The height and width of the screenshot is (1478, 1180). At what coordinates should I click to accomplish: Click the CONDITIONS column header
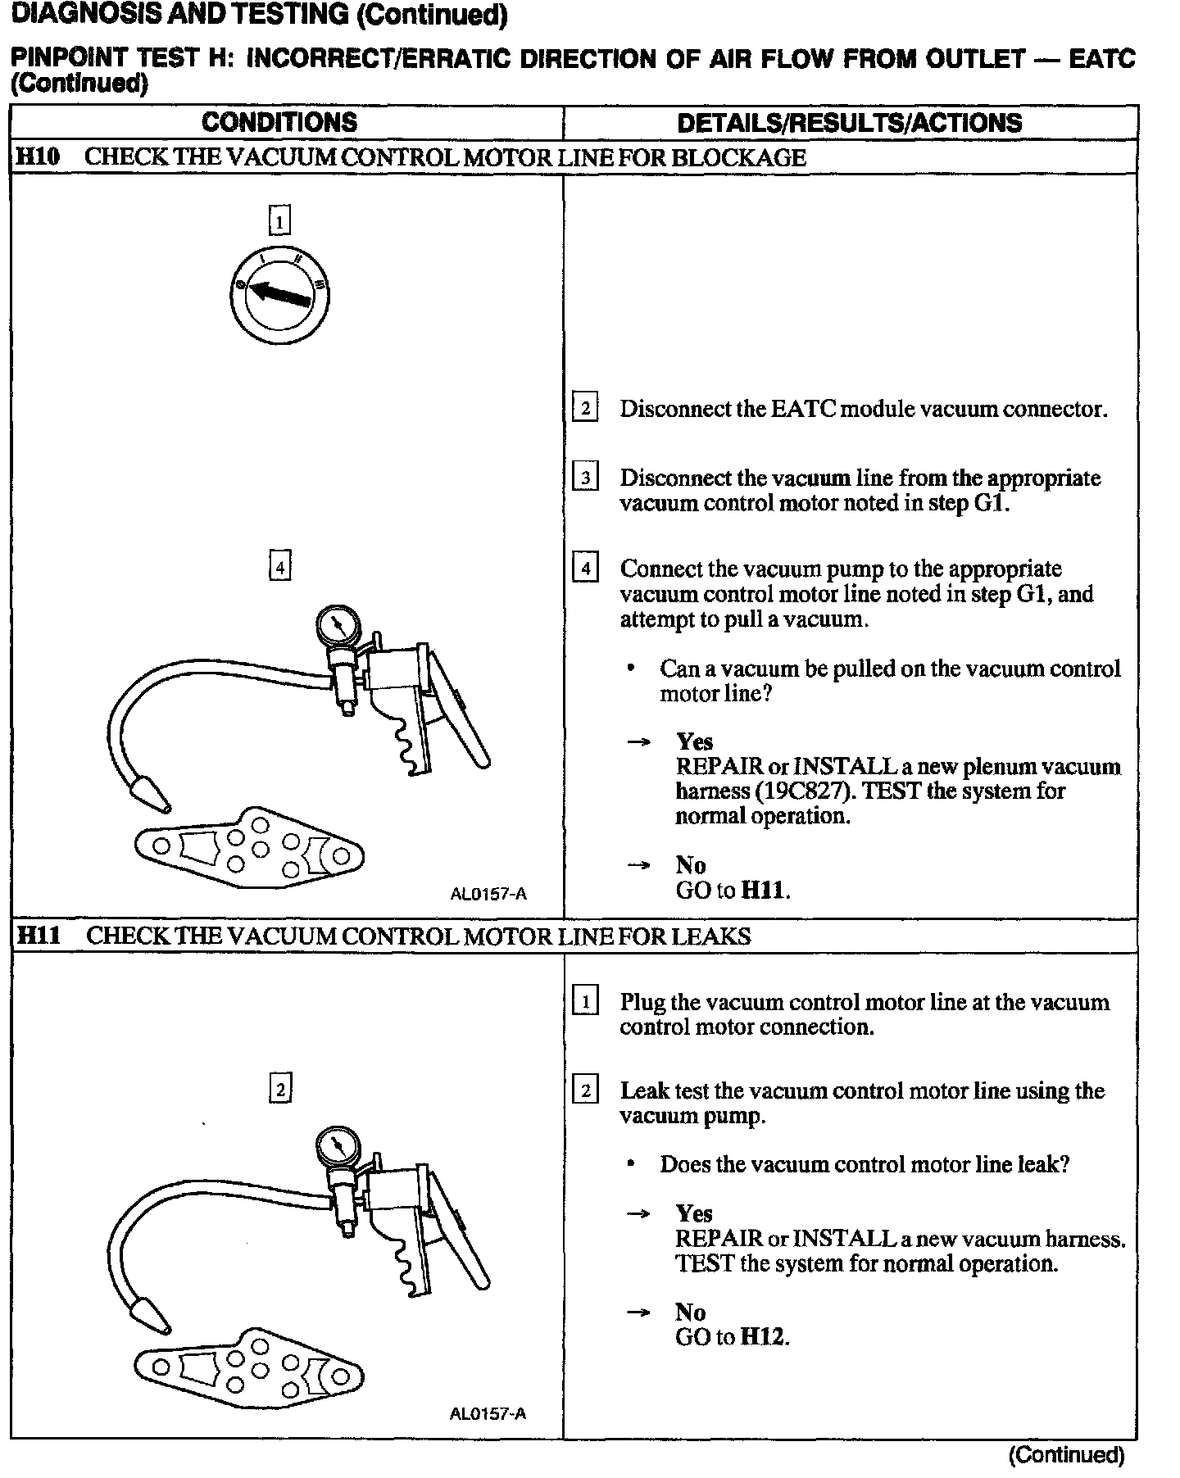pos(279,123)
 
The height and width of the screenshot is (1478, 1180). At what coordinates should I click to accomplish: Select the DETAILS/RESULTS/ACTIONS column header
pos(849,123)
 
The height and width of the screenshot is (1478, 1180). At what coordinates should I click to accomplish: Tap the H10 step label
pos(38,157)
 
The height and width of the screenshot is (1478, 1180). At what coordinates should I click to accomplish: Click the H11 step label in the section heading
pos(38,936)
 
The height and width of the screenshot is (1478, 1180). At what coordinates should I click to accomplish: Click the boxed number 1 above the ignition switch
pos(279,220)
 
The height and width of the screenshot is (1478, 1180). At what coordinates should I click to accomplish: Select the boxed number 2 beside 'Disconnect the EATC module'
pos(584,408)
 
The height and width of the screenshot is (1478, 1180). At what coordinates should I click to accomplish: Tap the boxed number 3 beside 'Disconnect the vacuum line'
pos(584,477)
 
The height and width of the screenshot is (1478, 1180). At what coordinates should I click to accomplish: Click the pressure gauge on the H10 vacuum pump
pos(338,627)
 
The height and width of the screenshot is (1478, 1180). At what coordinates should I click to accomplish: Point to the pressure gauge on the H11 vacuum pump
pos(338,1149)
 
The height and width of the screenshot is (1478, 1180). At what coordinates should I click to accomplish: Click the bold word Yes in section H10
pos(694,741)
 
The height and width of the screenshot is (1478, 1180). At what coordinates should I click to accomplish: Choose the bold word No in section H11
pos(690,1313)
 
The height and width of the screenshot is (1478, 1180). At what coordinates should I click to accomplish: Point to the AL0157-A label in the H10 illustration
pos(488,894)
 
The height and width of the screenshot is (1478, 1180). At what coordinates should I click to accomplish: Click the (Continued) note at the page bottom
pos(1066,1455)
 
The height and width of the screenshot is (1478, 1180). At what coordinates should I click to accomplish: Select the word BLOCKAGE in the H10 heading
pos(738,157)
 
